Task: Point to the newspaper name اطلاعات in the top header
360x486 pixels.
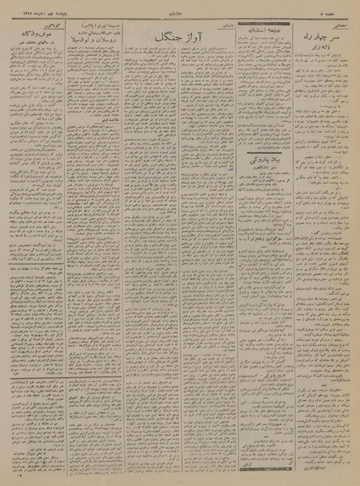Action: pos(182,6)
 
